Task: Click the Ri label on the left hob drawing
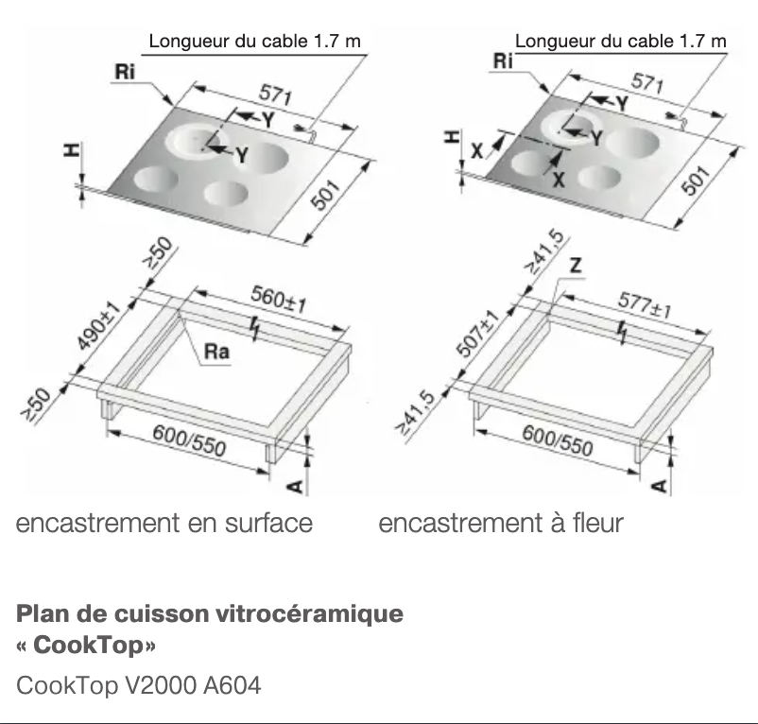(x=123, y=74)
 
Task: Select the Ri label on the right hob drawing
(x=504, y=61)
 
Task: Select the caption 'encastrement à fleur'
(x=501, y=523)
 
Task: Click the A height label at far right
(x=659, y=486)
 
